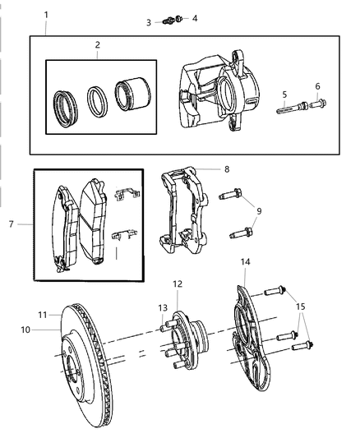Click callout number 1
tap(46, 15)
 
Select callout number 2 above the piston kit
tap(97, 45)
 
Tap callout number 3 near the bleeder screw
tap(149, 22)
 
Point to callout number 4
tap(195, 17)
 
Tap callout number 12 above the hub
tap(177, 284)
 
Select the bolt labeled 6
tap(317, 104)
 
